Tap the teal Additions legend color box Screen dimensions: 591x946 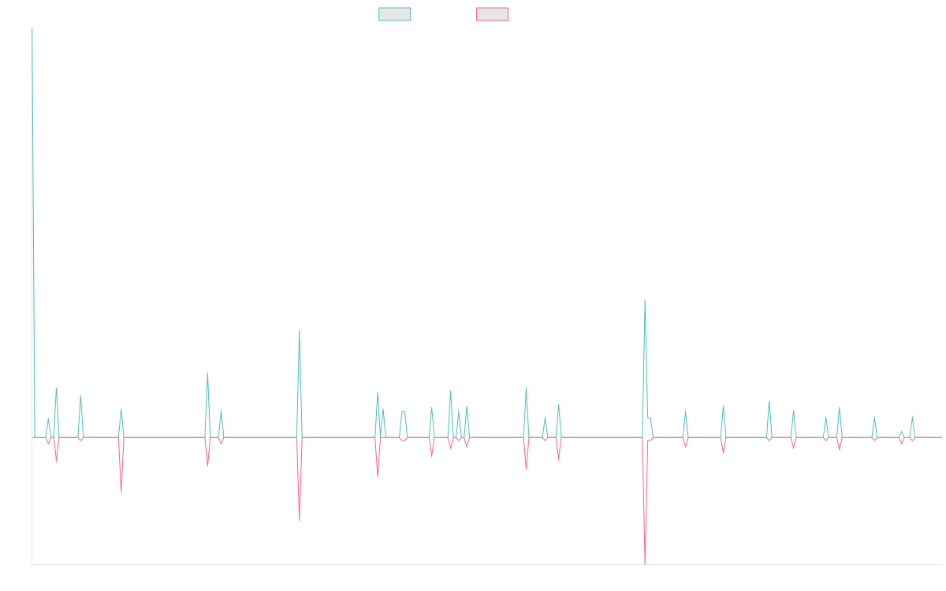[395, 14]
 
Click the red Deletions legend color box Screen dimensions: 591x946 [493, 14]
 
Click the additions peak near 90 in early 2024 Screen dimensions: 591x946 [645, 300]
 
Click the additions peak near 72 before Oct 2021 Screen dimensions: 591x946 [300, 330]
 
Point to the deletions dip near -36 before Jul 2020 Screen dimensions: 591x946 [121, 491]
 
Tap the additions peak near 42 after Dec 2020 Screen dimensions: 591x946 [207, 373]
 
